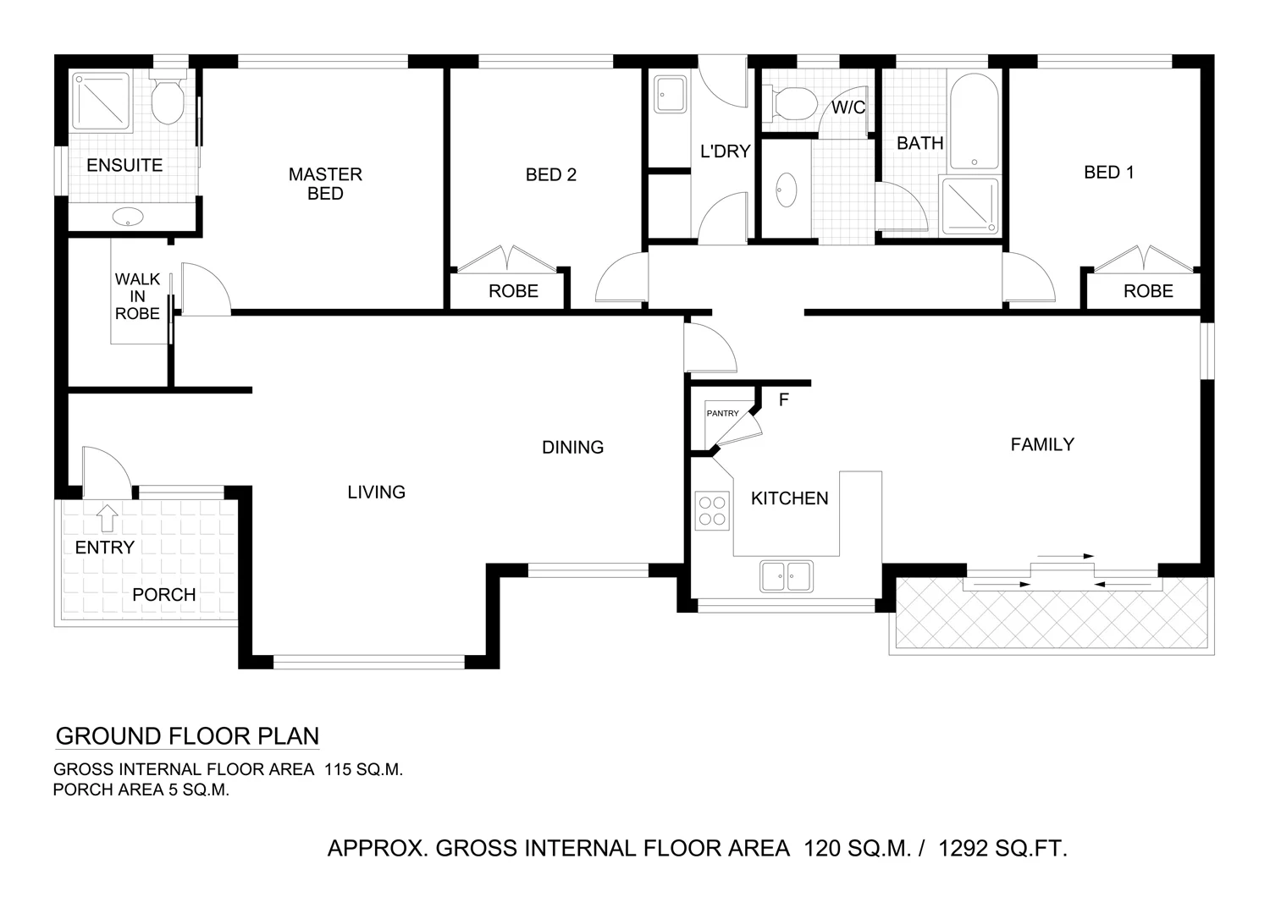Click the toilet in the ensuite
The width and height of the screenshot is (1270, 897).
pyautogui.click(x=167, y=101)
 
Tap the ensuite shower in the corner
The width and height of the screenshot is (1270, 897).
pyautogui.click(x=101, y=102)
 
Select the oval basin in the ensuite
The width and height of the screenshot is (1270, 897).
pyautogui.click(x=129, y=217)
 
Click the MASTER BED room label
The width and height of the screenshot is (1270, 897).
pyautogui.click(x=325, y=184)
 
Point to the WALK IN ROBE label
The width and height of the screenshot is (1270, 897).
pyautogui.click(x=137, y=296)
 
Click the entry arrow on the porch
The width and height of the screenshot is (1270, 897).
pyautogui.click(x=108, y=515)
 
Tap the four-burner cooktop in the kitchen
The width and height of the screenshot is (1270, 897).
pyautogui.click(x=711, y=510)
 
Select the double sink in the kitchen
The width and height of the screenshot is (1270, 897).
pyautogui.click(x=786, y=576)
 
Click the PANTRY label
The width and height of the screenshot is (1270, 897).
pyautogui.click(x=722, y=413)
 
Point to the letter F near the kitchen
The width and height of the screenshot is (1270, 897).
pyautogui.click(x=783, y=399)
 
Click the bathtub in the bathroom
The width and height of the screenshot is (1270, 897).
pyautogui.click(x=974, y=123)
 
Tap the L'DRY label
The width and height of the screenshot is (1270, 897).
pyautogui.click(x=725, y=151)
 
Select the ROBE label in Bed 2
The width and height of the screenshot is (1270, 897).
pyautogui.click(x=513, y=291)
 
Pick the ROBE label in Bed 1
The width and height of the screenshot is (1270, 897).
pyautogui.click(x=1147, y=291)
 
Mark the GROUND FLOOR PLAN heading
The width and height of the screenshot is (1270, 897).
pyautogui.click(x=187, y=736)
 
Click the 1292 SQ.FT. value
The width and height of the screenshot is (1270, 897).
pyautogui.click(x=1002, y=848)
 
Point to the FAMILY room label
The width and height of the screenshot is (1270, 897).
pyautogui.click(x=1041, y=444)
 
